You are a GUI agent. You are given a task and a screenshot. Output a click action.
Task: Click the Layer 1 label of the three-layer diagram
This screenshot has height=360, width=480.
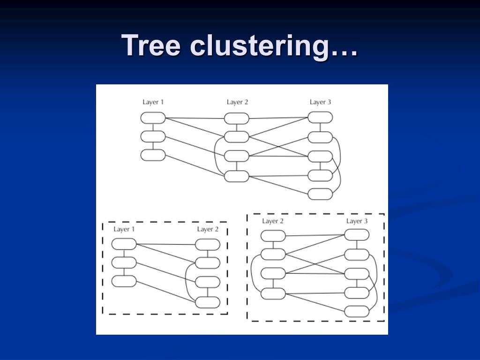(x=153, y=102)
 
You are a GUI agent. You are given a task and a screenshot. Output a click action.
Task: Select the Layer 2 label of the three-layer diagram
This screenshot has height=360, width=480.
(x=237, y=102)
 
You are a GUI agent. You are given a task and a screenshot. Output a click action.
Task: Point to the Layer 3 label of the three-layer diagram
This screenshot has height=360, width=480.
(x=321, y=102)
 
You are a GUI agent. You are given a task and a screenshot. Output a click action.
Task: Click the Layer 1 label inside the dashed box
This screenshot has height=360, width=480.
(x=124, y=229)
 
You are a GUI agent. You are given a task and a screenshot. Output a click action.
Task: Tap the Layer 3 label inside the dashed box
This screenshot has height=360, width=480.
(x=357, y=221)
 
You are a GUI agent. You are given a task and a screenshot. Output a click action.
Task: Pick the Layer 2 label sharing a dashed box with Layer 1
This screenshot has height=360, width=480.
(x=208, y=229)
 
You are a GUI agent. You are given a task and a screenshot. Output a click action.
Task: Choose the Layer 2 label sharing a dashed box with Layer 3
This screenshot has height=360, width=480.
(x=273, y=221)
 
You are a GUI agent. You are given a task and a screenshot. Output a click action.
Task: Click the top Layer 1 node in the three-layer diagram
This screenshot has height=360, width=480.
(x=153, y=118)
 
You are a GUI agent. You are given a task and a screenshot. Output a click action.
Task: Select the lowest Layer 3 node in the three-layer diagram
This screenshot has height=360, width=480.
(x=320, y=194)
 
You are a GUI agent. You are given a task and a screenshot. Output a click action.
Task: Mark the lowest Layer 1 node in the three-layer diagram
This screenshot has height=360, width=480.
(x=153, y=155)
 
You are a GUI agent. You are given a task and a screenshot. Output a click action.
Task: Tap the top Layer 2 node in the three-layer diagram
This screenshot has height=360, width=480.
(x=237, y=119)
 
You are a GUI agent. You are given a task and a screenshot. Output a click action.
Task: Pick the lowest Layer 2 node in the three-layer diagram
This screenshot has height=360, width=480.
(x=237, y=176)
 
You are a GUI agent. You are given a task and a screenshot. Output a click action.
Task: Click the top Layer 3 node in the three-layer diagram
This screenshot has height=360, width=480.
(x=320, y=117)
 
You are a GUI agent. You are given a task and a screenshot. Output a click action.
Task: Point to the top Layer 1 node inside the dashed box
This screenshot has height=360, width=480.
(x=124, y=244)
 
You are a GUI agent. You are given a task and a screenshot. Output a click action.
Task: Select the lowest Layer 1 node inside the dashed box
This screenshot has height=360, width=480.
(x=124, y=281)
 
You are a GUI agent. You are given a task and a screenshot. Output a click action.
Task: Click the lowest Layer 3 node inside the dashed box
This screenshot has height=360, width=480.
(x=357, y=311)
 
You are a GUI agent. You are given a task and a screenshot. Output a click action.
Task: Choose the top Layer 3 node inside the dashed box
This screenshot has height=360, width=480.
(x=357, y=234)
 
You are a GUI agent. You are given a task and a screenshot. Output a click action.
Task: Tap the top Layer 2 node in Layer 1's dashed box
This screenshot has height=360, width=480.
(x=208, y=245)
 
